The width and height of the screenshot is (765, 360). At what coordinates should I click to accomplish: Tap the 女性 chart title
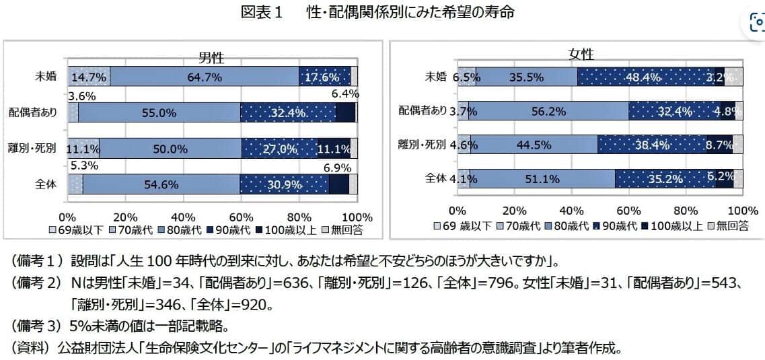tap(581, 55)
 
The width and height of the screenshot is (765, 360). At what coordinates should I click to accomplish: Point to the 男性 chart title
tap(211, 59)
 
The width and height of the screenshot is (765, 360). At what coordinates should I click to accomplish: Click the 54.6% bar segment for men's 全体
tap(161, 184)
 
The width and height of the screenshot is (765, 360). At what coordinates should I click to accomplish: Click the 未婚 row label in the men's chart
tap(46, 76)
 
